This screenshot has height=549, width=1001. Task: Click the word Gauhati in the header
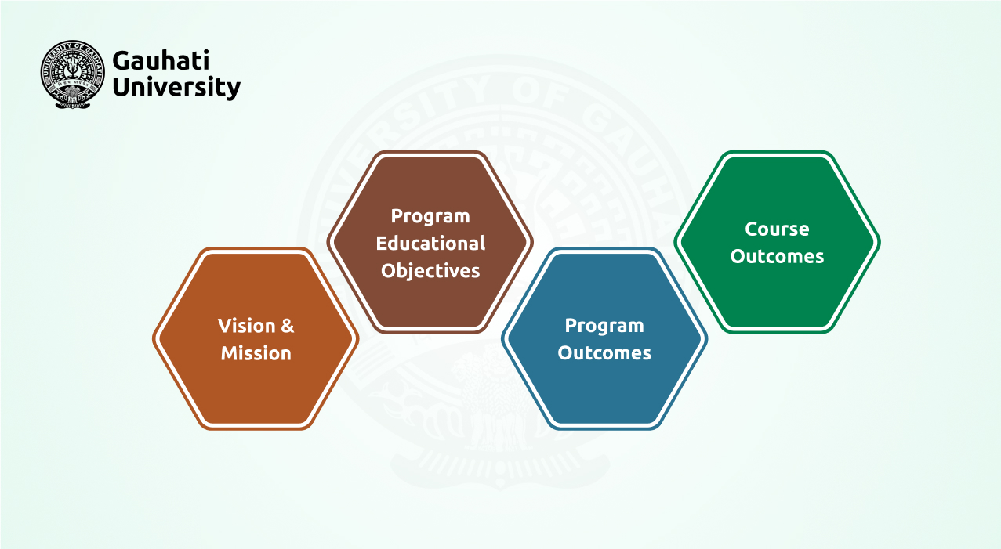161,60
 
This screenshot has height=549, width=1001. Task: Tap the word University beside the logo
176,87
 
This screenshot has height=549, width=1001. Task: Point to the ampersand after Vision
287,326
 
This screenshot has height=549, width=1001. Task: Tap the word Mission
256,353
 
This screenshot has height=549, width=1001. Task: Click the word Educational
430,244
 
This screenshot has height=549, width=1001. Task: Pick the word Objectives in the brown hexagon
430,271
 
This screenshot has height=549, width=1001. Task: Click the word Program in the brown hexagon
430,216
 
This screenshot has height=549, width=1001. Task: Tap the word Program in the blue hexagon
604,326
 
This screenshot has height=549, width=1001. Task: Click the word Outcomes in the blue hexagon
604,353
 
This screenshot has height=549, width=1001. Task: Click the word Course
777,229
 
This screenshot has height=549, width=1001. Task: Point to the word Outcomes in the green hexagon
777,257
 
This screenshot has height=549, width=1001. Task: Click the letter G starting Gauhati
121,60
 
